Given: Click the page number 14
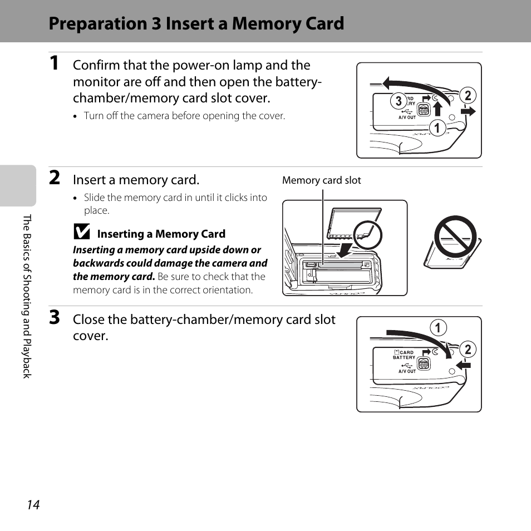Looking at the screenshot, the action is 33,505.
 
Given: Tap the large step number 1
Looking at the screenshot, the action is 54,63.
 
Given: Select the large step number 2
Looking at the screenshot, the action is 55,178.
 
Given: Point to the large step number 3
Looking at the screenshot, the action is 55,317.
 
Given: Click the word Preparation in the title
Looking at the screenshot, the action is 99,24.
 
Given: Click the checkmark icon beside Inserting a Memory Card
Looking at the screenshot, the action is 82,232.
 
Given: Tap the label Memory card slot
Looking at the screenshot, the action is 321,180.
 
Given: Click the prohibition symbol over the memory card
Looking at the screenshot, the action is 455,237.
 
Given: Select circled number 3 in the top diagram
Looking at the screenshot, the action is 399,101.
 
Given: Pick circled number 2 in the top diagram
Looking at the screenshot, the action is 468,96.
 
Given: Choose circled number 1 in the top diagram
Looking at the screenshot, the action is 437,128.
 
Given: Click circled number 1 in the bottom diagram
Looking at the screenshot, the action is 438,328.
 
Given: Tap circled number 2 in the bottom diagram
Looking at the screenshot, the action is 468,349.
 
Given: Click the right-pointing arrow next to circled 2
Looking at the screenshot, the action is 468,111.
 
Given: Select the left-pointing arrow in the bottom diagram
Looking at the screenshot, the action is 463,365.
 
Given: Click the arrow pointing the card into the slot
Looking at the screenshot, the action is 345,249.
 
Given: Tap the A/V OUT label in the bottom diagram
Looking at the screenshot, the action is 407,371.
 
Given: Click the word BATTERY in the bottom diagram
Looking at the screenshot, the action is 404,357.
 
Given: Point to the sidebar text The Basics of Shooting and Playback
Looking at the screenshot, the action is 27,296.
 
